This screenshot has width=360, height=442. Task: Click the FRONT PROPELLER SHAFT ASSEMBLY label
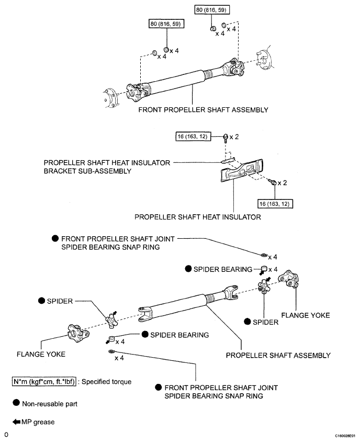(203, 109)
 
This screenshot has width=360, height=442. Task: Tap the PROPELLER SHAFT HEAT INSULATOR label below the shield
(198, 217)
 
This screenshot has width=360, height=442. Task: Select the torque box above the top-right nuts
(212, 10)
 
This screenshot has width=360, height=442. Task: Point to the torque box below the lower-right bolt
(275, 204)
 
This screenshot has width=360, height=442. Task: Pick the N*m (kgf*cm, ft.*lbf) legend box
(44, 382)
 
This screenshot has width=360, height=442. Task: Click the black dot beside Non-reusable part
(16, 403)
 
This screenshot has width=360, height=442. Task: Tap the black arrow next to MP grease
(16, 422)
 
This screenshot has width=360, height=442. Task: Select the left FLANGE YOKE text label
(41, 354)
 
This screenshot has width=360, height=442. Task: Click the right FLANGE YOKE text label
(306, 315)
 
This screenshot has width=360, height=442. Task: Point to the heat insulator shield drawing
(242, 172)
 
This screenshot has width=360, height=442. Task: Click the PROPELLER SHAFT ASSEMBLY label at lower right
(278, 355)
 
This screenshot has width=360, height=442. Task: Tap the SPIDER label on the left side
(60, 301)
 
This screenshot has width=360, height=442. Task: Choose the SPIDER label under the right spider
(265, 322)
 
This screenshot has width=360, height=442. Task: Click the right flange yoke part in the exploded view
(289, 279)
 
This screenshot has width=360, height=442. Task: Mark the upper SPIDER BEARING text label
(223, 269)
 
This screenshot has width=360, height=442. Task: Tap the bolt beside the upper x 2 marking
(226, 138)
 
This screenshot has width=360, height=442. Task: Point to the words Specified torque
(106, 382)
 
